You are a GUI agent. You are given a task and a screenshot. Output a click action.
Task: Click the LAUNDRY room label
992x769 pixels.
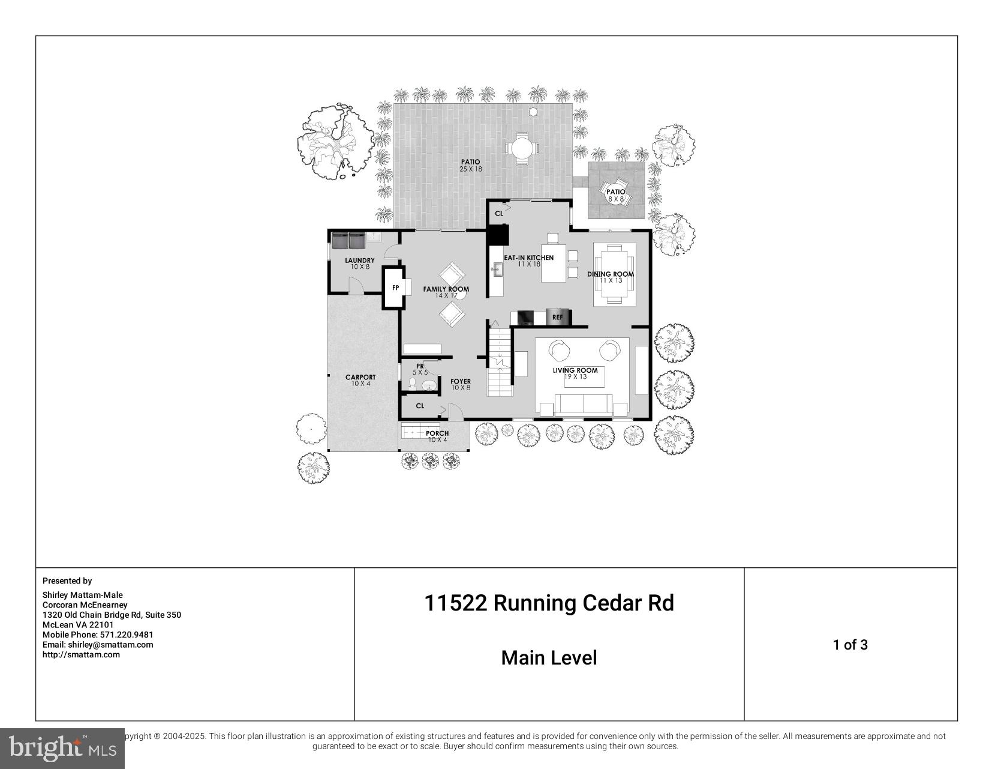(x=360, y=261)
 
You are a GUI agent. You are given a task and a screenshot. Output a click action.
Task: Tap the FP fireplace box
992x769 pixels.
(x=395, y=288)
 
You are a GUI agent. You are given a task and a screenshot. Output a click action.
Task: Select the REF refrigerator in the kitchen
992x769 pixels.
(x=558, y=317)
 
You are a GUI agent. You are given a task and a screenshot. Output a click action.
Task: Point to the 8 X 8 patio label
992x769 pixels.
(x=616, y=199)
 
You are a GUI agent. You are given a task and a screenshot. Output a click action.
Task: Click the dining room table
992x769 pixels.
(x=614, y=274)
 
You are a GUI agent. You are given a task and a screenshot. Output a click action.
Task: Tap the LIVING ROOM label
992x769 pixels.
(x=575, y=370)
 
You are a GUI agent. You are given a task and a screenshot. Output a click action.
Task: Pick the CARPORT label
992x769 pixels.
(x=360, y=378)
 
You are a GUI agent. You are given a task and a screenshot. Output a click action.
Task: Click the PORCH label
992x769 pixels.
(x=437, y=433)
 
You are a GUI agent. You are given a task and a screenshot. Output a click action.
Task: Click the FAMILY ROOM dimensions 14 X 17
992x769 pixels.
(x=446, y=295)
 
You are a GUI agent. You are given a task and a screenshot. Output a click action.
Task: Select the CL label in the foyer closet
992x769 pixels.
(x=420, y=406)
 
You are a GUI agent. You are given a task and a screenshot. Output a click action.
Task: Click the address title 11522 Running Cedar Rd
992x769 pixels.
(x=549, y=603)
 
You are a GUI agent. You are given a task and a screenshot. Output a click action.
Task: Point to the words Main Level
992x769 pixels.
(x=549, y=658)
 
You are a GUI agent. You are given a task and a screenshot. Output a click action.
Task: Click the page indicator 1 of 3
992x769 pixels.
(x=850, y=645)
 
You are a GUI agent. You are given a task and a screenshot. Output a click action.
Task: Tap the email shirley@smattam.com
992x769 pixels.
(x=98, y=645)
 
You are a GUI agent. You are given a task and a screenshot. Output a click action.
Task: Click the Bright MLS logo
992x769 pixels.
(x=62, y=748)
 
